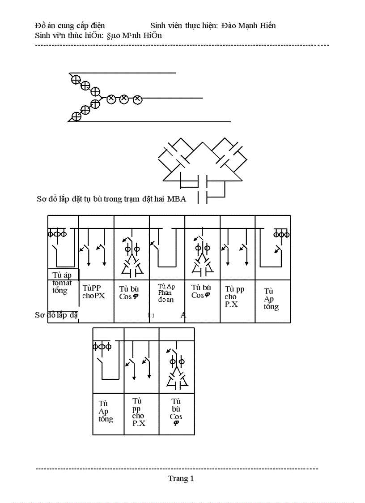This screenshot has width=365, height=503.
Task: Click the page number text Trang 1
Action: tap(181, 478)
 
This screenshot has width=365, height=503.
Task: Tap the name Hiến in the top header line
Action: tap(267, 26)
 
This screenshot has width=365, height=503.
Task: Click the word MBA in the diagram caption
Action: tap(177, 199)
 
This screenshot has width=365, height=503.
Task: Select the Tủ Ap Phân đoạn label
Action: tap(166, 293)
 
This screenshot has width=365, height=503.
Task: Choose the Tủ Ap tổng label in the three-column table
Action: tap(106, 412)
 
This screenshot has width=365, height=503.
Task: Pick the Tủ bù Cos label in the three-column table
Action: tap(176, 412)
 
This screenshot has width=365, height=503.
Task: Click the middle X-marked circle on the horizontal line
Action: tap(124, 99)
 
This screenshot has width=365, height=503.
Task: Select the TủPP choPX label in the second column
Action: tap(93, 292)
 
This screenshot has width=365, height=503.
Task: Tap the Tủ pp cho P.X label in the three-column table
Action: tap(139, 412)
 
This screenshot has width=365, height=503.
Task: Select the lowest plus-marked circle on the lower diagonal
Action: tap(76, 116)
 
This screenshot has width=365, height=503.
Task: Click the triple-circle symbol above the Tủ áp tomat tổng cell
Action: tap(57, 234)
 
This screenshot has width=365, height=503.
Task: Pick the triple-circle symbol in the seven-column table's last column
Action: tap(282, 234)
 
